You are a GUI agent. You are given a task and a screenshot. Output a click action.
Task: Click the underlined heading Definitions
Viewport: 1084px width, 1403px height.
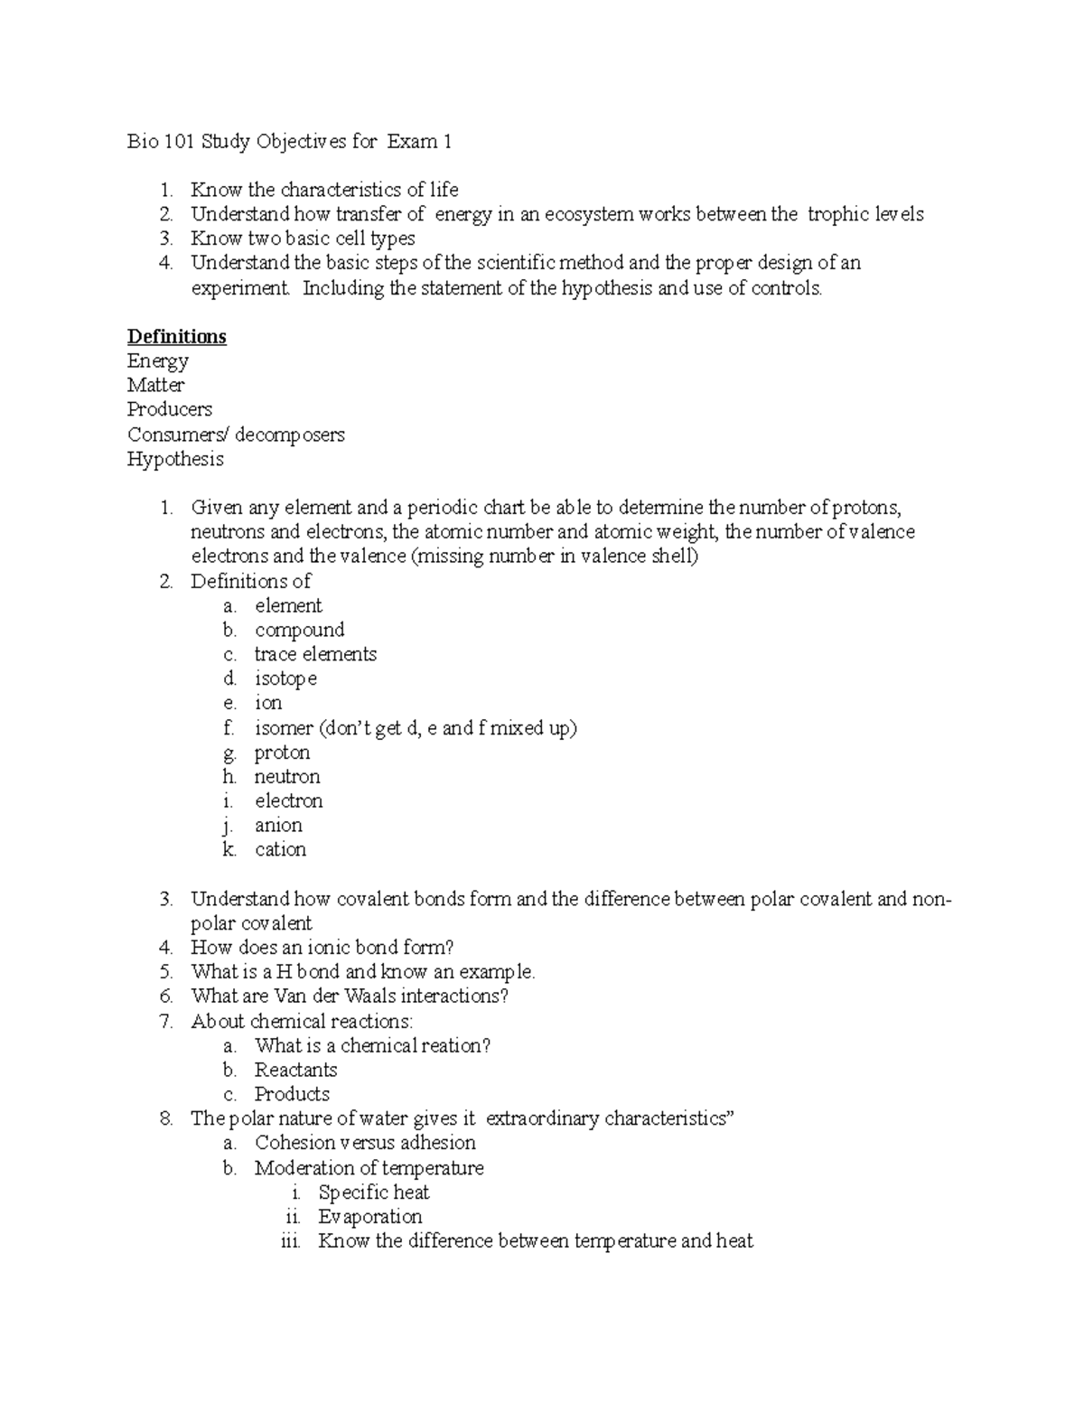pos(176,337)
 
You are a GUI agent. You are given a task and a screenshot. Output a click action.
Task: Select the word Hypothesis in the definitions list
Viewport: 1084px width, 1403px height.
pos(175,460)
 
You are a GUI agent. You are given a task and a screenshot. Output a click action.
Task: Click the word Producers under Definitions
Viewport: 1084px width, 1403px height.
pos(170,409)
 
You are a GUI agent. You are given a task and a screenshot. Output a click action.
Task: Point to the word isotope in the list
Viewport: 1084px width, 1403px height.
pos(285,678)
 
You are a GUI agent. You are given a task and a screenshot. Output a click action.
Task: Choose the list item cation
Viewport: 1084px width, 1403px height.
pos(280,849)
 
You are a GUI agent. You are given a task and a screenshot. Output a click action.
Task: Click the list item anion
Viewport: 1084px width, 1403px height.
pos(278,825)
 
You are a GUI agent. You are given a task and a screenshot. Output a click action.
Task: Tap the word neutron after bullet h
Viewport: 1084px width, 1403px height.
pos(287,777)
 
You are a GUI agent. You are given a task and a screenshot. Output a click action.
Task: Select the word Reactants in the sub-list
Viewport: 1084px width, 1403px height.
pos(295,1071)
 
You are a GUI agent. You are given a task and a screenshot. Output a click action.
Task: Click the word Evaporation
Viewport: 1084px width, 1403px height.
pos(369,1217)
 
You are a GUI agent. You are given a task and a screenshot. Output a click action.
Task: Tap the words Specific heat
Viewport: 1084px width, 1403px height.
pos(373,1193)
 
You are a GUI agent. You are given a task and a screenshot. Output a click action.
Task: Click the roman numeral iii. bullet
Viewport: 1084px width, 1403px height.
pos(290,1241)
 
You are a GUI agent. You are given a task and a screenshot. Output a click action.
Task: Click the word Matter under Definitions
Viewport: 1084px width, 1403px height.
pos(155,385)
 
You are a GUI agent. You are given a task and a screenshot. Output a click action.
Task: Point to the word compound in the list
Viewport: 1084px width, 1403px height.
pos(299,630)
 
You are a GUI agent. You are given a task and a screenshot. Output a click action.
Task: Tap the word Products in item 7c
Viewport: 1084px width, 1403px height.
pos(292,1095)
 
